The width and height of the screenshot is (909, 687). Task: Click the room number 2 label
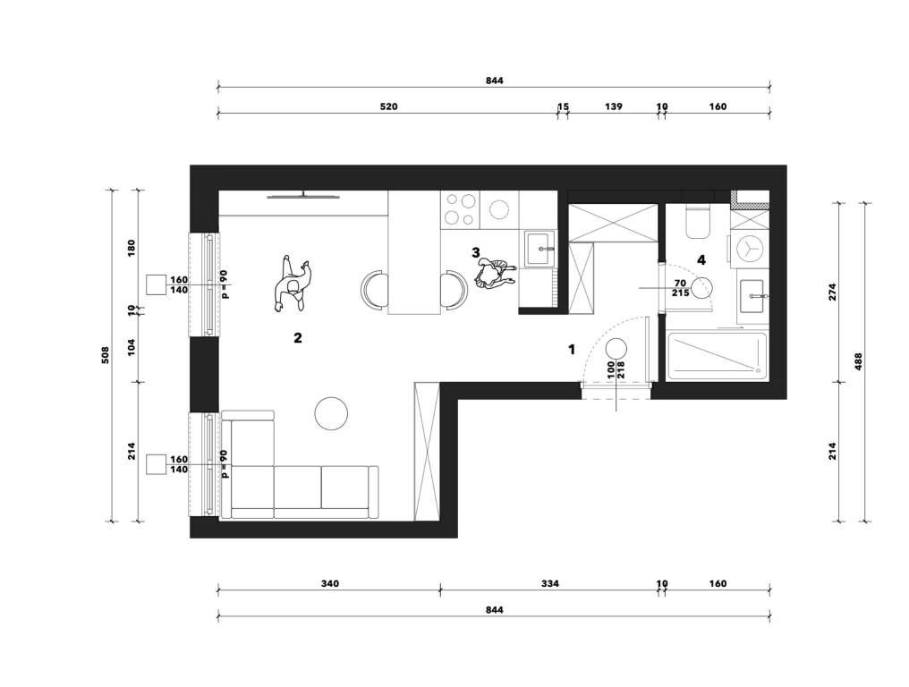point(297,337)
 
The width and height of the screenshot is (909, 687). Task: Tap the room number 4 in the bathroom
point(701,259)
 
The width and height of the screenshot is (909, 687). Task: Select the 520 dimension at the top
point(388,106)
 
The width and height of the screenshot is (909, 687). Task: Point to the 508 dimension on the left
point(105,355)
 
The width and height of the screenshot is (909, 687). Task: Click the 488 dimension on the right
point(859,361)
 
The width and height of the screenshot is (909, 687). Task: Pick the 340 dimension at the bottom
point(329,583)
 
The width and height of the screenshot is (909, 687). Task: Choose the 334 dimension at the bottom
point(549,583)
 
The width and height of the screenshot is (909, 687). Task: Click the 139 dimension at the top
point(614,106)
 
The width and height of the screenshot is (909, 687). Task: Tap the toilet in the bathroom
point(697,222)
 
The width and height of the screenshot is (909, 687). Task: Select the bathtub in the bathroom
point(718,356)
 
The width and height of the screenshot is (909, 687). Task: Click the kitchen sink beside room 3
point(539,250)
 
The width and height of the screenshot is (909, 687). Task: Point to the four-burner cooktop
point(460,208)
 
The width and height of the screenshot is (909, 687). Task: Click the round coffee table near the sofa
point(331,413)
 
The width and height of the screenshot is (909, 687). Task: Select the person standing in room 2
point(293,284)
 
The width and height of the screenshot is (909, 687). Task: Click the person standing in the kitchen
point(494,274)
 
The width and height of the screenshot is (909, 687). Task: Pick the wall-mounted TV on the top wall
point(303,196)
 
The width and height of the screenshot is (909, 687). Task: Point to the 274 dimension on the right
point(832,291)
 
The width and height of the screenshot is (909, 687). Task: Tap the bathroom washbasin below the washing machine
point(753,296)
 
